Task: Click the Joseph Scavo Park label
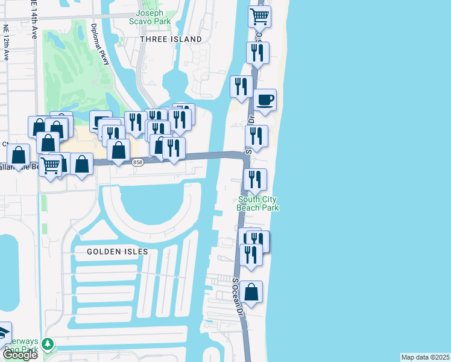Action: click(x=153, y=17)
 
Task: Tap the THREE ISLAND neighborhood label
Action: click(x=171, y=39)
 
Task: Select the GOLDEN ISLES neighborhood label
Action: click(x=113, y=251)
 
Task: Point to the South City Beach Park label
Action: click(x=259, y=203)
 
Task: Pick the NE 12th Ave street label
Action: click(x=6, y=42)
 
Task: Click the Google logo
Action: click(x=20, y=355)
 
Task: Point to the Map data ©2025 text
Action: click(x=425, y=357)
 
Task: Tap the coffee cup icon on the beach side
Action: click(x=265, y=100)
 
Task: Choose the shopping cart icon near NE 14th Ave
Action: click(x=51, y=165)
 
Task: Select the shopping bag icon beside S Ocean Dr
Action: click(x=252, y=293)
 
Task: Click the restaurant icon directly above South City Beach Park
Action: click(x=254, y=179)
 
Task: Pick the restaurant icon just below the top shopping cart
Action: click(x=258, y=53)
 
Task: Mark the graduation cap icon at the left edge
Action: click(x=3, y=333)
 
